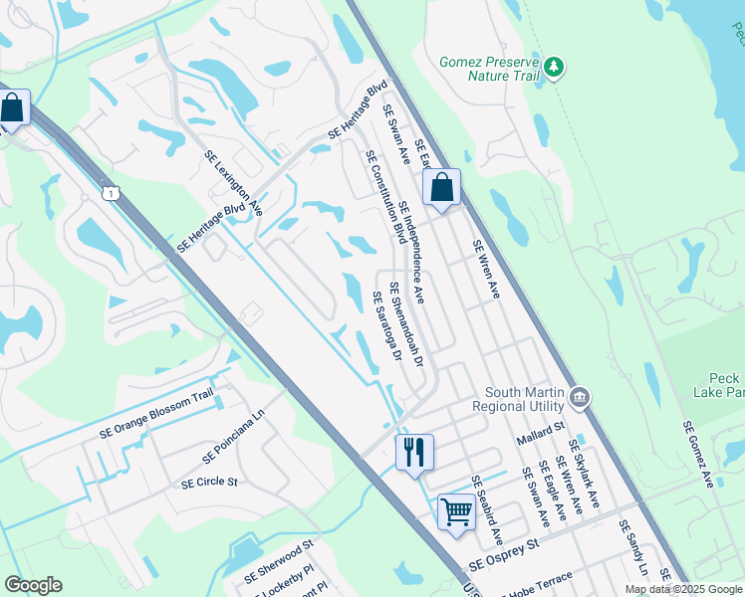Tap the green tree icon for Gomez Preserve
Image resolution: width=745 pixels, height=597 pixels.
click(x=554, y=68)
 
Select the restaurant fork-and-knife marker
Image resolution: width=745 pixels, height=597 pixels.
click(x=414, y=452)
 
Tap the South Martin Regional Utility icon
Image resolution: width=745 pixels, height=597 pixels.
click(x=581, y=399)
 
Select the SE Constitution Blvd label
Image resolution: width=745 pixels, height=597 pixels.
click(x=385, y=197)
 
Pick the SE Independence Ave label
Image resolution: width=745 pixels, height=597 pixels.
click(x=411, y=252)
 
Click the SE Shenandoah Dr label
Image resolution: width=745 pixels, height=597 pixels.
click(x=407, y=325)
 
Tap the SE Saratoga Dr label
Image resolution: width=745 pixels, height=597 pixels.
click(x=386, y=325)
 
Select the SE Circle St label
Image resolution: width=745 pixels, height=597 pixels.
click(x=209, y=483)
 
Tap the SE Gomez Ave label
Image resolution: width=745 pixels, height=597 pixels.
click(x=698, y=454)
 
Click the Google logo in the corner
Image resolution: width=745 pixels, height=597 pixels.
click(x=33, y=585)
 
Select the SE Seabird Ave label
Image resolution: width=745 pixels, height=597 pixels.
click(x=486, y=508)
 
